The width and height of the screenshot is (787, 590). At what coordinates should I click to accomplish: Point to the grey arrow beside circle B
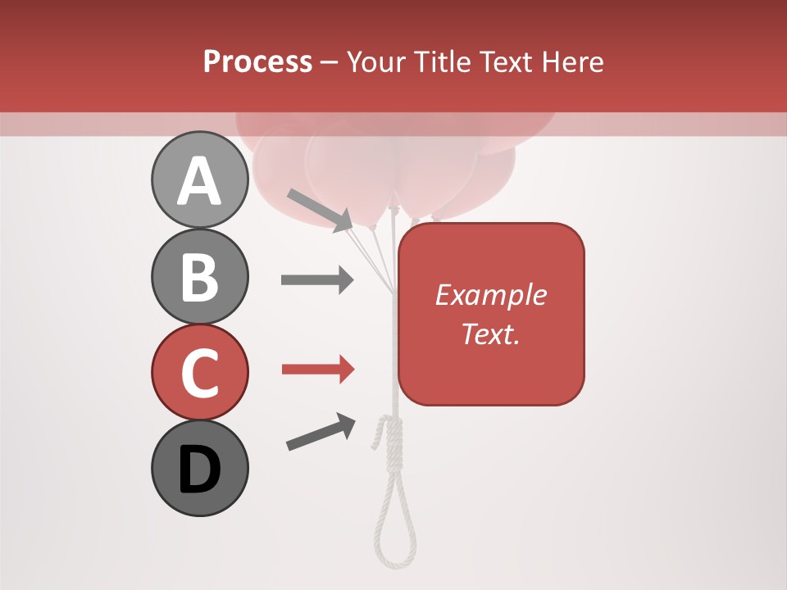(317, 280)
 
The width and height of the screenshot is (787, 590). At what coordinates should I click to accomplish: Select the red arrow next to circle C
(317, 370)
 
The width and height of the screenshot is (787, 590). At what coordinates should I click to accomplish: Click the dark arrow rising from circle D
(321, 432)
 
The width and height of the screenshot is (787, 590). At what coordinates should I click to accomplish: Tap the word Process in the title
(257, 61)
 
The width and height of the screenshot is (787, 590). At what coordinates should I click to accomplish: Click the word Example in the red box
(491, 295)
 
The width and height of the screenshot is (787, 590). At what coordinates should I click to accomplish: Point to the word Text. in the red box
(491, 334)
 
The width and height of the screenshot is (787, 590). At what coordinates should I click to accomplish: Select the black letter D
(199, 470)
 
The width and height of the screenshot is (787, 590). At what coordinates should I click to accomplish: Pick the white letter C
(199, 373)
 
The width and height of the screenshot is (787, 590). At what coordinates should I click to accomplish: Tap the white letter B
(199, 277)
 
